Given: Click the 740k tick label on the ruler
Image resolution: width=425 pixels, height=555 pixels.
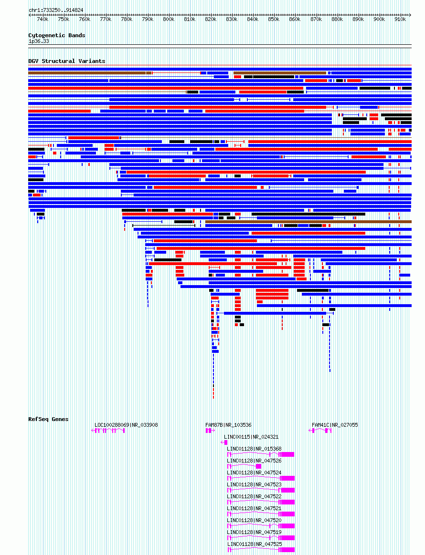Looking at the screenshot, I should click(x=42, y=20).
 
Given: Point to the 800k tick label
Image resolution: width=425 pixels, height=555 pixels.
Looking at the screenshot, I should click(x=169, y=20).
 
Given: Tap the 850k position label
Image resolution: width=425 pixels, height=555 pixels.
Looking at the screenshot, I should click(x=274, y=20).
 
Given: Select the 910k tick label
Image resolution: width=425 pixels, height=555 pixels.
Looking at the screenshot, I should click(x=400, y=20).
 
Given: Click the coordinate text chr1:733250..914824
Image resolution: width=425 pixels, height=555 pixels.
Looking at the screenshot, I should click(x=56, y=10).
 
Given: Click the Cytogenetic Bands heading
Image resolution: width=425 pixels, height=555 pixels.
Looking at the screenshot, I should click(x=56, y=35).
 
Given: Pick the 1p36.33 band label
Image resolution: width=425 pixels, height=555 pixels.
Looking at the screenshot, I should click(x=39, y=41).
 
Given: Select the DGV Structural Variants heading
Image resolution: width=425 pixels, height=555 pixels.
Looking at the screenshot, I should click(x=66, y=61).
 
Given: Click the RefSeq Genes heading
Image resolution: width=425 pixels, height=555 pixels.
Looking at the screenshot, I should click(x=48, y=419).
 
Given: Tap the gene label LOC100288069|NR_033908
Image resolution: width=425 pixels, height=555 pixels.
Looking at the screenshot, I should click(x=126, y=425).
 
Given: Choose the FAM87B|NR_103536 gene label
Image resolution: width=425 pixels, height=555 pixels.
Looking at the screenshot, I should click(x=228, y=425).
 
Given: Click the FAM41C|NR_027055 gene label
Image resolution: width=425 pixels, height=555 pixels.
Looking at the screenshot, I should click(x=335, y=425).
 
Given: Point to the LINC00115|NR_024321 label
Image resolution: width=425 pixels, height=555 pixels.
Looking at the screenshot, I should click(x=251, y=437).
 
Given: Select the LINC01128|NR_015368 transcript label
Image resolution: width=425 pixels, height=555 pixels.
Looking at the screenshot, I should click(x=254, y=449).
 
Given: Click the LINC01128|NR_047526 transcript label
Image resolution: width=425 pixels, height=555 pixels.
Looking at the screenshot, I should click(x=254, y=461).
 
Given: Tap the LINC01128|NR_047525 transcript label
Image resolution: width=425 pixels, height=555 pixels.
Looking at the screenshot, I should click(x=254, y=544).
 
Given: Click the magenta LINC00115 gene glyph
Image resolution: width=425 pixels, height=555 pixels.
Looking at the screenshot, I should click(x=225, y=442).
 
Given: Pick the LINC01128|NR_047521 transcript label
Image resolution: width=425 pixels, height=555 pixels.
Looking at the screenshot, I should click(x=254, y=508).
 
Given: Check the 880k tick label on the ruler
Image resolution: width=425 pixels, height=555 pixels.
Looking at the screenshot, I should click(x=337, y=20).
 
